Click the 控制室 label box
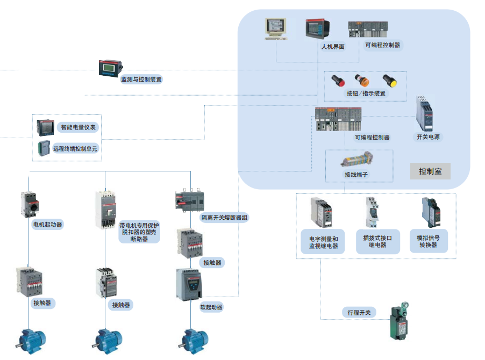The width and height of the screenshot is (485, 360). pos(430,171)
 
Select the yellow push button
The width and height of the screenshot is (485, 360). pos(389,81)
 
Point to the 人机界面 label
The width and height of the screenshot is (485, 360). pos(332,47)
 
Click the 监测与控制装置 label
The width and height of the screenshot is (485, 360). pos(141,79)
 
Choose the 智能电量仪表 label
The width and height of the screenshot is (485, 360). pos(78,127)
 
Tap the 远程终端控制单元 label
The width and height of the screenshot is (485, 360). pos(75,148)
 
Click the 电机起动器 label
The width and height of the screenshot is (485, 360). pos(47,224)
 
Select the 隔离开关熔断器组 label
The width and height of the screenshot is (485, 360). pos(224,218)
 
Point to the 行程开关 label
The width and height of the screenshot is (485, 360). pos(359,312)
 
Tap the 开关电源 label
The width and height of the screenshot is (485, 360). pos(428,136)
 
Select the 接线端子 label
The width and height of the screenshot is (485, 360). pos(356,174)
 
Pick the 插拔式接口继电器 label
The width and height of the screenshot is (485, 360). pos(377,241)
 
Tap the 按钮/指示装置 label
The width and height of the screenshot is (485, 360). pos(366,93)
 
